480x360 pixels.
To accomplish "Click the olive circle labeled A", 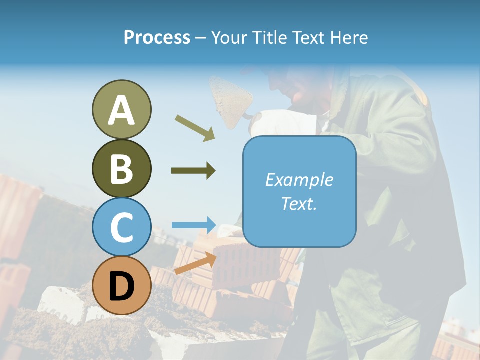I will (x=121, y=109).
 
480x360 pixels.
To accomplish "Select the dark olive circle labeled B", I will (x=121, y=168).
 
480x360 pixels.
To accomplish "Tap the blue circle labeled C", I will (x=121, y=227).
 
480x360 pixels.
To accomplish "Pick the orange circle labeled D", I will (x=121, y=286).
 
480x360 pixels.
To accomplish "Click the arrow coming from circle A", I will (x=195, y=128).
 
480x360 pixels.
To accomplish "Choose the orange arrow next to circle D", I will (x=195, y=263).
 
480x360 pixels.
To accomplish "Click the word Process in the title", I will (x=157, y=37).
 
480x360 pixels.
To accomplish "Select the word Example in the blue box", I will (x=299, y=180).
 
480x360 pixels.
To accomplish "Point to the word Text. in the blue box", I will (x=299, y=203).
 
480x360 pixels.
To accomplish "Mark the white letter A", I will (x=121, y=110).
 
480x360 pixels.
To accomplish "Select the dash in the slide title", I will (x=201, y=38).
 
